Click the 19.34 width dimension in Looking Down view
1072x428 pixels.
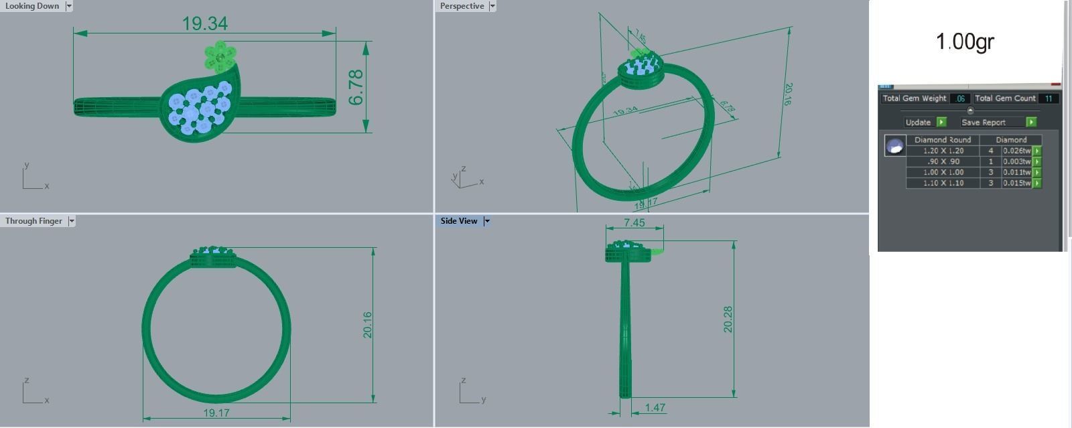coord(205,24)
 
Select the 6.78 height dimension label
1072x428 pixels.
coord(356,87)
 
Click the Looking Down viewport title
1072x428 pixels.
coord(32,6)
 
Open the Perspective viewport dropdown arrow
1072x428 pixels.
coord(492,6)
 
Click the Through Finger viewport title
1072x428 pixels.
coord(33,221)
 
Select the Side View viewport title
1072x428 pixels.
coord(459,221)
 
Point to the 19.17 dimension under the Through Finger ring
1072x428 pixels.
coord(216,413)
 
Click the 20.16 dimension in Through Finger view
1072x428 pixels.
coord(367,325)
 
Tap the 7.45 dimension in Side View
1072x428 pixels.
coord(634,222)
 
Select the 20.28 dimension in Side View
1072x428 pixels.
coord(728,319)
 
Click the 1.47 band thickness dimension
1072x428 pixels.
coord(655,407)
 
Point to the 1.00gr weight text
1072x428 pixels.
coord(965,42)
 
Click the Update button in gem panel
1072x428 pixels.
coord(919,122)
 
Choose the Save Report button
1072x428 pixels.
coord(984,122)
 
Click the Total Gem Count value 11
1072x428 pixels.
coord(1049,98)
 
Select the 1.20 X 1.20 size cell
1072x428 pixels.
coord(943,151)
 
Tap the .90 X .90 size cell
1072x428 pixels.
coord(943,161)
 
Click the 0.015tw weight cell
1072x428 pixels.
coord(1016,183)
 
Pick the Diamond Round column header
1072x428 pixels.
coord(943,140)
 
